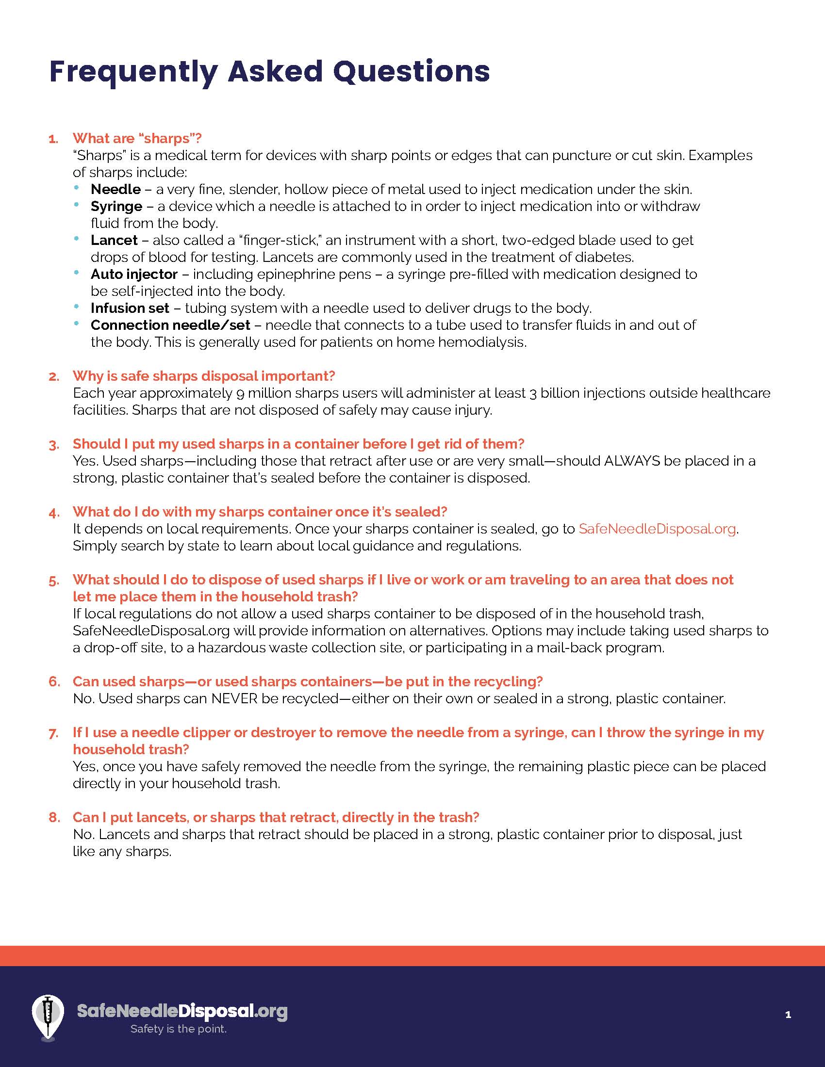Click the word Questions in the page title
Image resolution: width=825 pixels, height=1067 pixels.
click(x=412, y=72)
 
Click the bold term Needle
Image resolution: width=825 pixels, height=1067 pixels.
click(x=116, y=189)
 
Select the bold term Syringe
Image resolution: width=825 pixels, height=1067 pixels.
click(x=116, y=206)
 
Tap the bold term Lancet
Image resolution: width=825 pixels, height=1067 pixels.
click(x=114, y=240)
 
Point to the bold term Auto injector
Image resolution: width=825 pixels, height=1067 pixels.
click(x=134, y=274)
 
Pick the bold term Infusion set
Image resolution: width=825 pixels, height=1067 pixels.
click(x=130, y=308)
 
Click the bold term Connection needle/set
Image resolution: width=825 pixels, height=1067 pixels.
click(x=170, y=325)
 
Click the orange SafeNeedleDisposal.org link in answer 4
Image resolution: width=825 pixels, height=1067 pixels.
click(x=657, y=529)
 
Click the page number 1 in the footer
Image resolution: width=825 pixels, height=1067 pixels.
click(x=788, y=1015)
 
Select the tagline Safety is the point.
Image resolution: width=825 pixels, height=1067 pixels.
click(x=179, y=1029)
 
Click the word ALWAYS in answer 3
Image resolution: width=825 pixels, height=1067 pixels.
click(x=632, y=461)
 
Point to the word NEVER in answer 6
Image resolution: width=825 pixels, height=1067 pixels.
click(x=234, y=698)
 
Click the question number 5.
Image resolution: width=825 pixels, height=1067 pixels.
click(x=54, y=581)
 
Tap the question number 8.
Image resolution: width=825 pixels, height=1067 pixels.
click(x=54, y=817)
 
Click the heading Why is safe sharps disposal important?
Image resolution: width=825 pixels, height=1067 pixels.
click(x=204, y=376)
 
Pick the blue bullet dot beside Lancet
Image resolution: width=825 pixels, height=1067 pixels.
click(x=76, y=239)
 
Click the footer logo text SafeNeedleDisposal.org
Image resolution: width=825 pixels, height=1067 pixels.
click(x=182, y=1011)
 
